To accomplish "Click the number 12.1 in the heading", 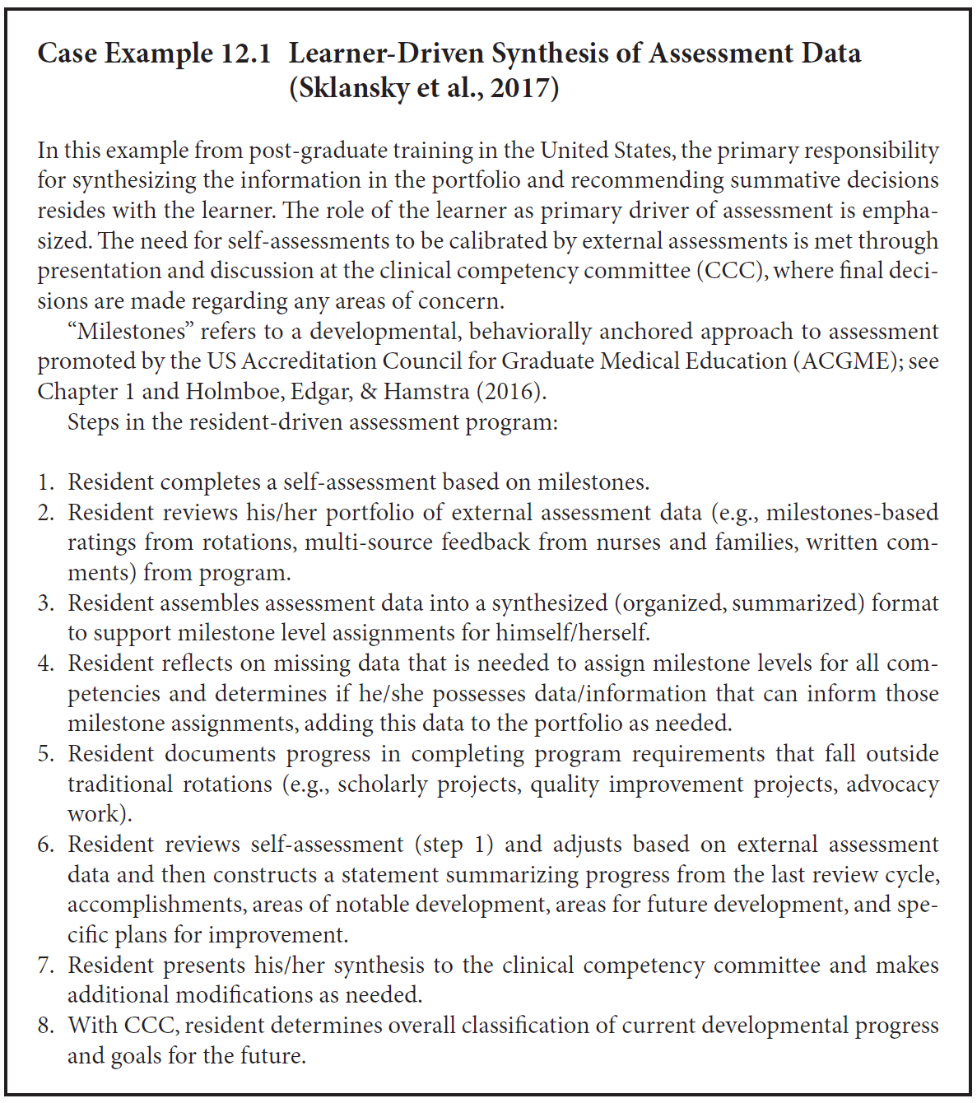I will pyautogui.click(x=245, y=54).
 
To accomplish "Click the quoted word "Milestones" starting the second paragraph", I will pyautogui.click(x=129, y=331).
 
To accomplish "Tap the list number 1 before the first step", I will pyautogui.click(x=46, y=482).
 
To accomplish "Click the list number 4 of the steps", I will pyautogui.click(x=46, y=663).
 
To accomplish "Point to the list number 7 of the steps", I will pyautogui.click(x=46, y=966).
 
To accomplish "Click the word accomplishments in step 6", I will pyautogui.click(x=156, y=905).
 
